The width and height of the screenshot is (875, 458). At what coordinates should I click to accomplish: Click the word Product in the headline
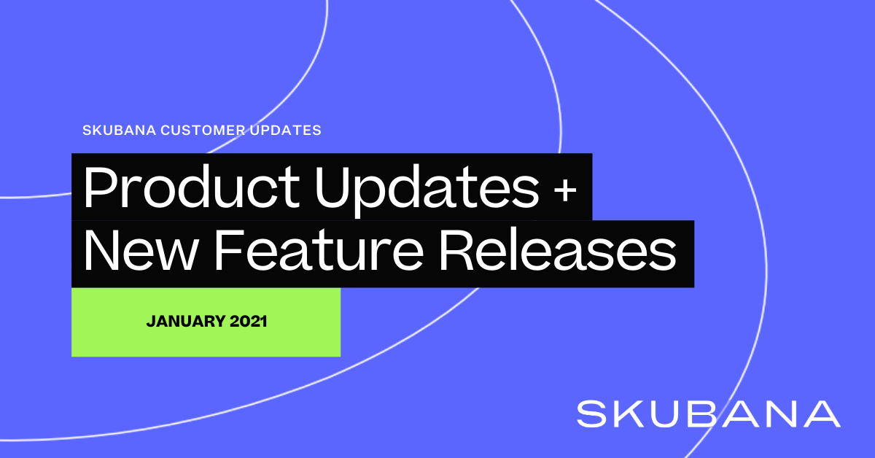pyautogui.click(x=192, y=187)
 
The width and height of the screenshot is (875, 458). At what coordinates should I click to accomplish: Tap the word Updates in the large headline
pyautogui.click(x=427, y=190)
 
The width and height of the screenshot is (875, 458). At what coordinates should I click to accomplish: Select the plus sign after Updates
pyautogui.click(x=565, y=191)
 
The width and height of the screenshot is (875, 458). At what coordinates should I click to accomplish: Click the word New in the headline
pyautogui.click(x=139, y=250)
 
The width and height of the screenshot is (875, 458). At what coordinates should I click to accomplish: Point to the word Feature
pyautogui.click(x=319, y=250)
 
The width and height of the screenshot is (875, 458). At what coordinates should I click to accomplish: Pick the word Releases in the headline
pyautogui.click(x=558, y=249)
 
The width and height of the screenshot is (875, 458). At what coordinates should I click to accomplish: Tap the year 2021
pyautogui.click(x=249, y=321)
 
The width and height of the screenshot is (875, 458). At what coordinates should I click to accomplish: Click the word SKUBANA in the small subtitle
pyautogui.click(x=120, y=130)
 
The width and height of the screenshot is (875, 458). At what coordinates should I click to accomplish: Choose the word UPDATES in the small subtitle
pyautogui.click(x=286, y=130)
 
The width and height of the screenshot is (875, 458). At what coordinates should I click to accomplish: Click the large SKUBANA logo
pyautogui.click(x=709, y=414)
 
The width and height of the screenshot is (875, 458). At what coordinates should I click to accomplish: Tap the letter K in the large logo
pyautogui.click(x=633, y=414)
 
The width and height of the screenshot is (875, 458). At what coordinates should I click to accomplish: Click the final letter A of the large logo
pyautogui.click(x=822, y=414)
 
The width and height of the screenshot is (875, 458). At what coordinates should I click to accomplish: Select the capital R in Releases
pyautogui.click(x=457, y=249)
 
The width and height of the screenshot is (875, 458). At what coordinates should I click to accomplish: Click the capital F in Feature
pyautogui.click(x=229, y=249)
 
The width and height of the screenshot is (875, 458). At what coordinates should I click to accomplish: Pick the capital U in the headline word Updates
pyautogui.click(x=333, y=187)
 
